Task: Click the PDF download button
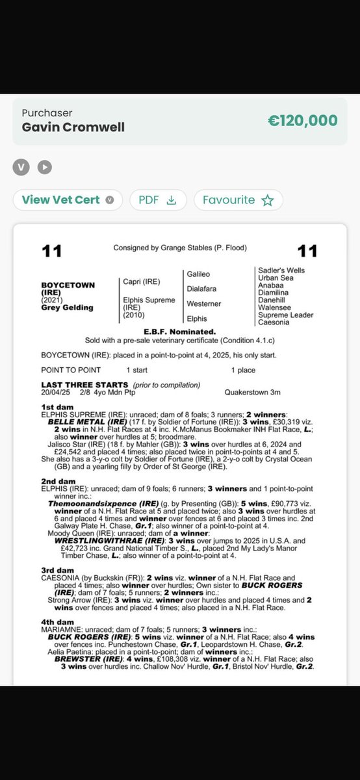click(158, 200)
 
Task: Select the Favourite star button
click(238, 200)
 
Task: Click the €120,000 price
click(302, 120)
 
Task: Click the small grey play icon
click(44, 167)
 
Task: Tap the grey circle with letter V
click(21, 167)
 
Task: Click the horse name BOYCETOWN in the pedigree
click(68, 285)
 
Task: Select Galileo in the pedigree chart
click(199, 275)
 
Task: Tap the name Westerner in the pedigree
click(204, 304)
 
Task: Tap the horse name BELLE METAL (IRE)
click(88, 421)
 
